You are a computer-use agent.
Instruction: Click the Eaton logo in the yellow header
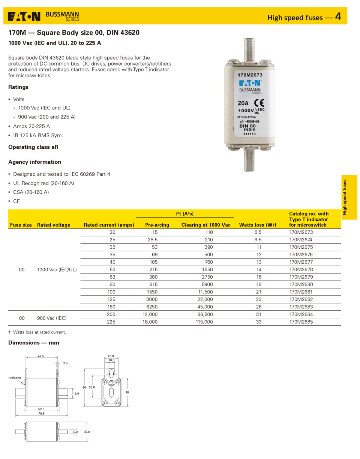point(24,16)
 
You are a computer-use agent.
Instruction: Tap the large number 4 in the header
point(338,16)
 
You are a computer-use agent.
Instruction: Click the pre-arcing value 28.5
point(152,239)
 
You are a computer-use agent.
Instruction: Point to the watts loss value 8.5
point(258,232)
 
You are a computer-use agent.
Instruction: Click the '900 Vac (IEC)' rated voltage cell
point(51,318)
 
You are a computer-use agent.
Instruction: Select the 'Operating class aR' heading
point(33,147)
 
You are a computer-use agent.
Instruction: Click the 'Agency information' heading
point(34,162)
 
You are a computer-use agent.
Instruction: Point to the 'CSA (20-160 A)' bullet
point(31,192)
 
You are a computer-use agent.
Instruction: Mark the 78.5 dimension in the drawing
point(41,414)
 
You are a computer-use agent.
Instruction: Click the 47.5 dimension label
point(41,356)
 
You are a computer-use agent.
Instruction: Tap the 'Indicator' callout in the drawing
point(15,377)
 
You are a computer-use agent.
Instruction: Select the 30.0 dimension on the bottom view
point(86,432)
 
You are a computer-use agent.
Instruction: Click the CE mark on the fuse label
point(259,103)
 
